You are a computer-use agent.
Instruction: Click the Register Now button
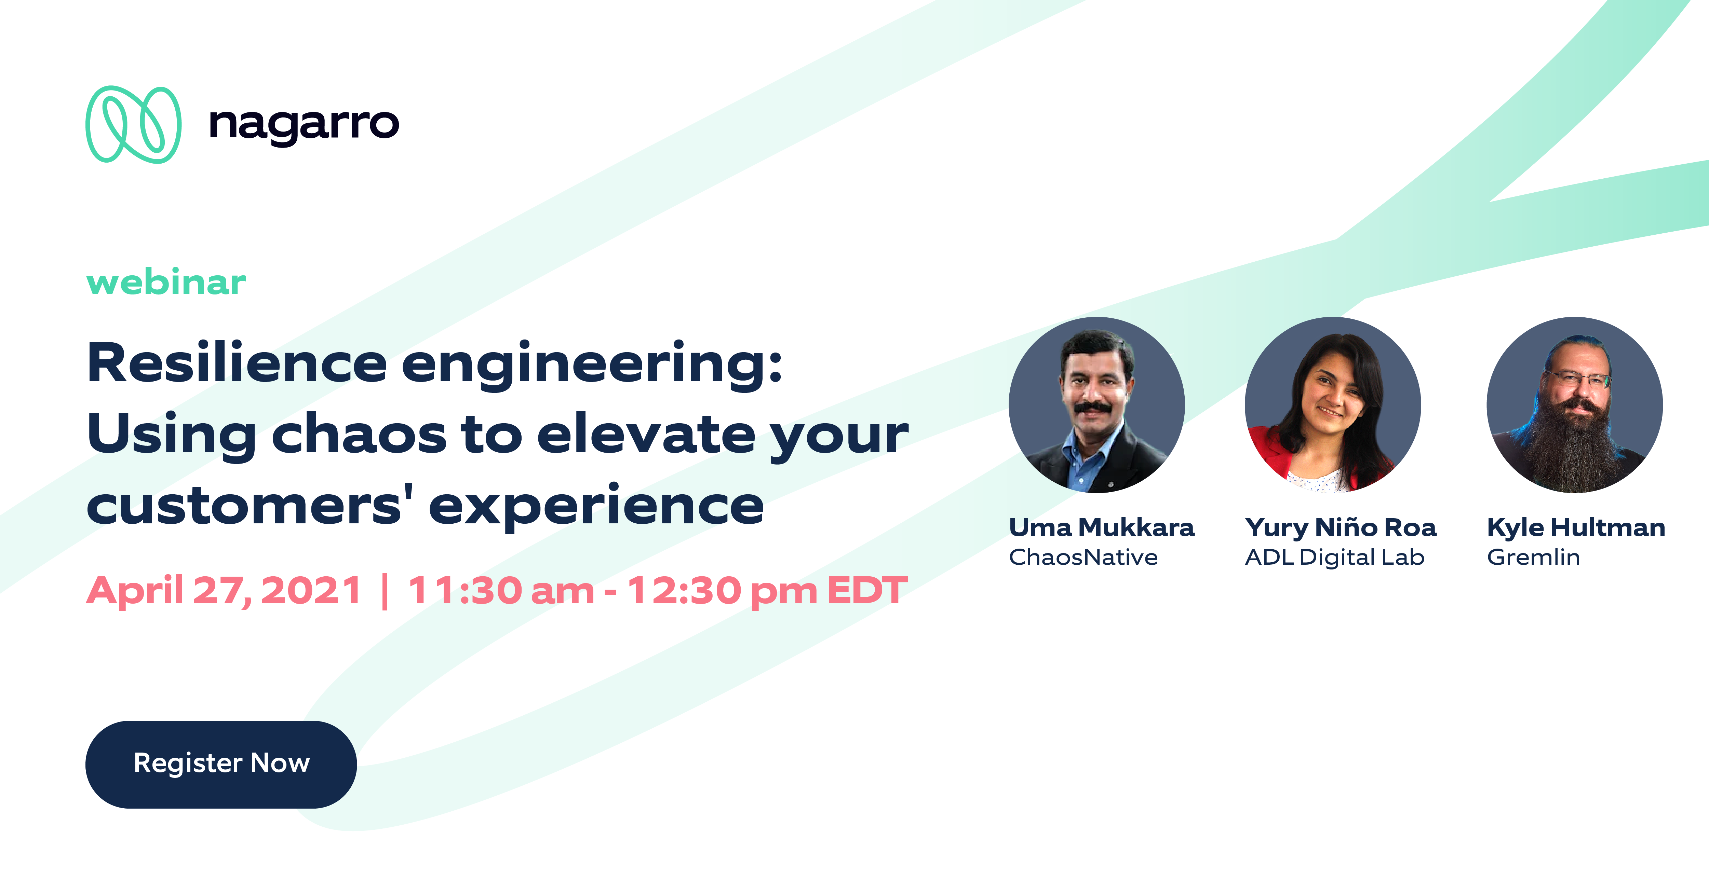click(x=221, y=764)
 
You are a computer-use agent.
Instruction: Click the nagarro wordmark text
click(x=304, y=124)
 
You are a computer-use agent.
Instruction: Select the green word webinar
click(x=166, y=283)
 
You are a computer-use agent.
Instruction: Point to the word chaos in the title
click(x=359, y=435)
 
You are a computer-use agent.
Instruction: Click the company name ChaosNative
click(x=1083, y=557)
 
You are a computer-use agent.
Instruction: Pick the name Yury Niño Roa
click(x=1340, y=528)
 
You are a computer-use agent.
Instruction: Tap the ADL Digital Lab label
click(x=1334, y=557)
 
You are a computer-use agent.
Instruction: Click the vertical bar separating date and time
click(x=385, y=590)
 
